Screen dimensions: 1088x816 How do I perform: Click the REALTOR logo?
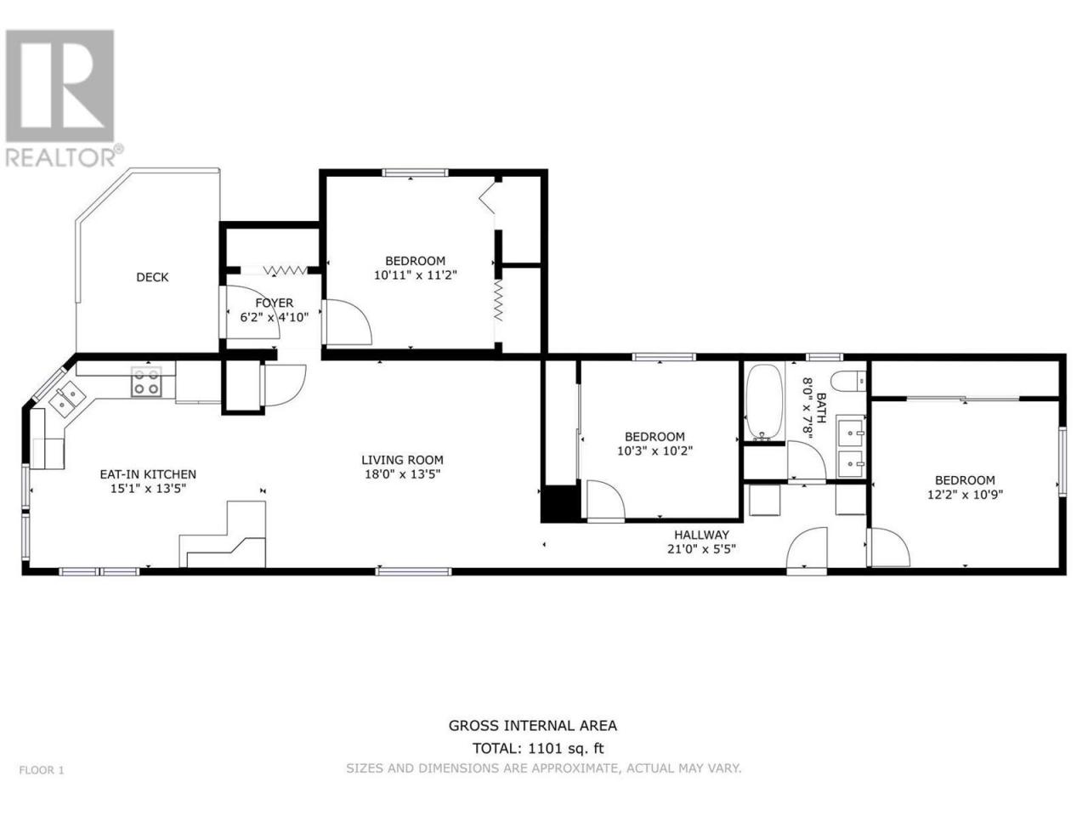point(60,98)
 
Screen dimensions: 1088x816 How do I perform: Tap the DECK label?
point(152,277)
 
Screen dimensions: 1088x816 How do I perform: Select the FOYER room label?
point(274,303)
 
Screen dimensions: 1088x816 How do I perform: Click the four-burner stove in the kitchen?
point(146,381)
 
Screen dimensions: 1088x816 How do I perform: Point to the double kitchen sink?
point(66,400)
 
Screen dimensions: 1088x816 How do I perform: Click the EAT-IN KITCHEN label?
point(148,474)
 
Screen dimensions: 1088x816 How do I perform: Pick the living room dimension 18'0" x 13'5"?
point(403,474)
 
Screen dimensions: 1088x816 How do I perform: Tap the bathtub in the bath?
point(764,402)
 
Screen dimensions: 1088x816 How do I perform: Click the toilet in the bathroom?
point(848,382)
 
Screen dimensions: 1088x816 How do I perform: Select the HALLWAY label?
point(701,535)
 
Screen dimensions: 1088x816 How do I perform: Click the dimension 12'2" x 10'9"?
point(965,495)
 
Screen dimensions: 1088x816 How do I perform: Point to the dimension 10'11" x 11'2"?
point(416,275)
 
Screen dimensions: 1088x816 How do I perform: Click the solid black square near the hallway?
point(559,503)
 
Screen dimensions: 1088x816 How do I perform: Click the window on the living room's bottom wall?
point(413,572)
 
